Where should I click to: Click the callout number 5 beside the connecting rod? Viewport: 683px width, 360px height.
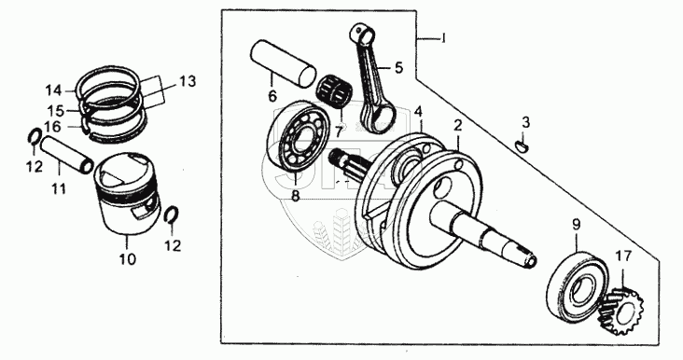pos(399,68)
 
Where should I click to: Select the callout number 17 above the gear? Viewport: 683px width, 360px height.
pos(624,256)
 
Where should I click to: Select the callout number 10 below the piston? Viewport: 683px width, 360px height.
pos(128,259)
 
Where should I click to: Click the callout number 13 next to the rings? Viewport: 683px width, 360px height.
pos(188,81)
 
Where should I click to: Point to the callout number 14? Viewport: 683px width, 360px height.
pos(54,90)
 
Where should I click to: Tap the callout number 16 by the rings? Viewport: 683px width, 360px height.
pos(52,127)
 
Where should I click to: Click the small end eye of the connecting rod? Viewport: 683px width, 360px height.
pos(363,34)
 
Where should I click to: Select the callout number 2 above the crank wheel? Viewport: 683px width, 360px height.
pos(457,125)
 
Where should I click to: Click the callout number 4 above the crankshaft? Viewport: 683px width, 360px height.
pos(418,111)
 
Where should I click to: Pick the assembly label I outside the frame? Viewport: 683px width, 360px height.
pos(443,39)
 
